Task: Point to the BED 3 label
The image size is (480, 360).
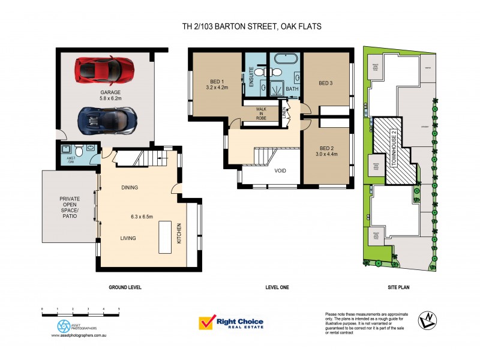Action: pyautogui.click(x=326, y=83)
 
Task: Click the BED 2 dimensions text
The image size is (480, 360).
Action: pyautogui.click(x=326, y=154)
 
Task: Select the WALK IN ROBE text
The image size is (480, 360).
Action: pyautogui.click(x=260, y=114)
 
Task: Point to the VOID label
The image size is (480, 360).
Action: pyautogui.click(x=280, y=171)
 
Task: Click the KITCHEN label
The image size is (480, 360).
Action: pyautogui.click(x=179, y=233)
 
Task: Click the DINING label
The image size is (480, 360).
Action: pyautogui.click(x=129, y=188)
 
